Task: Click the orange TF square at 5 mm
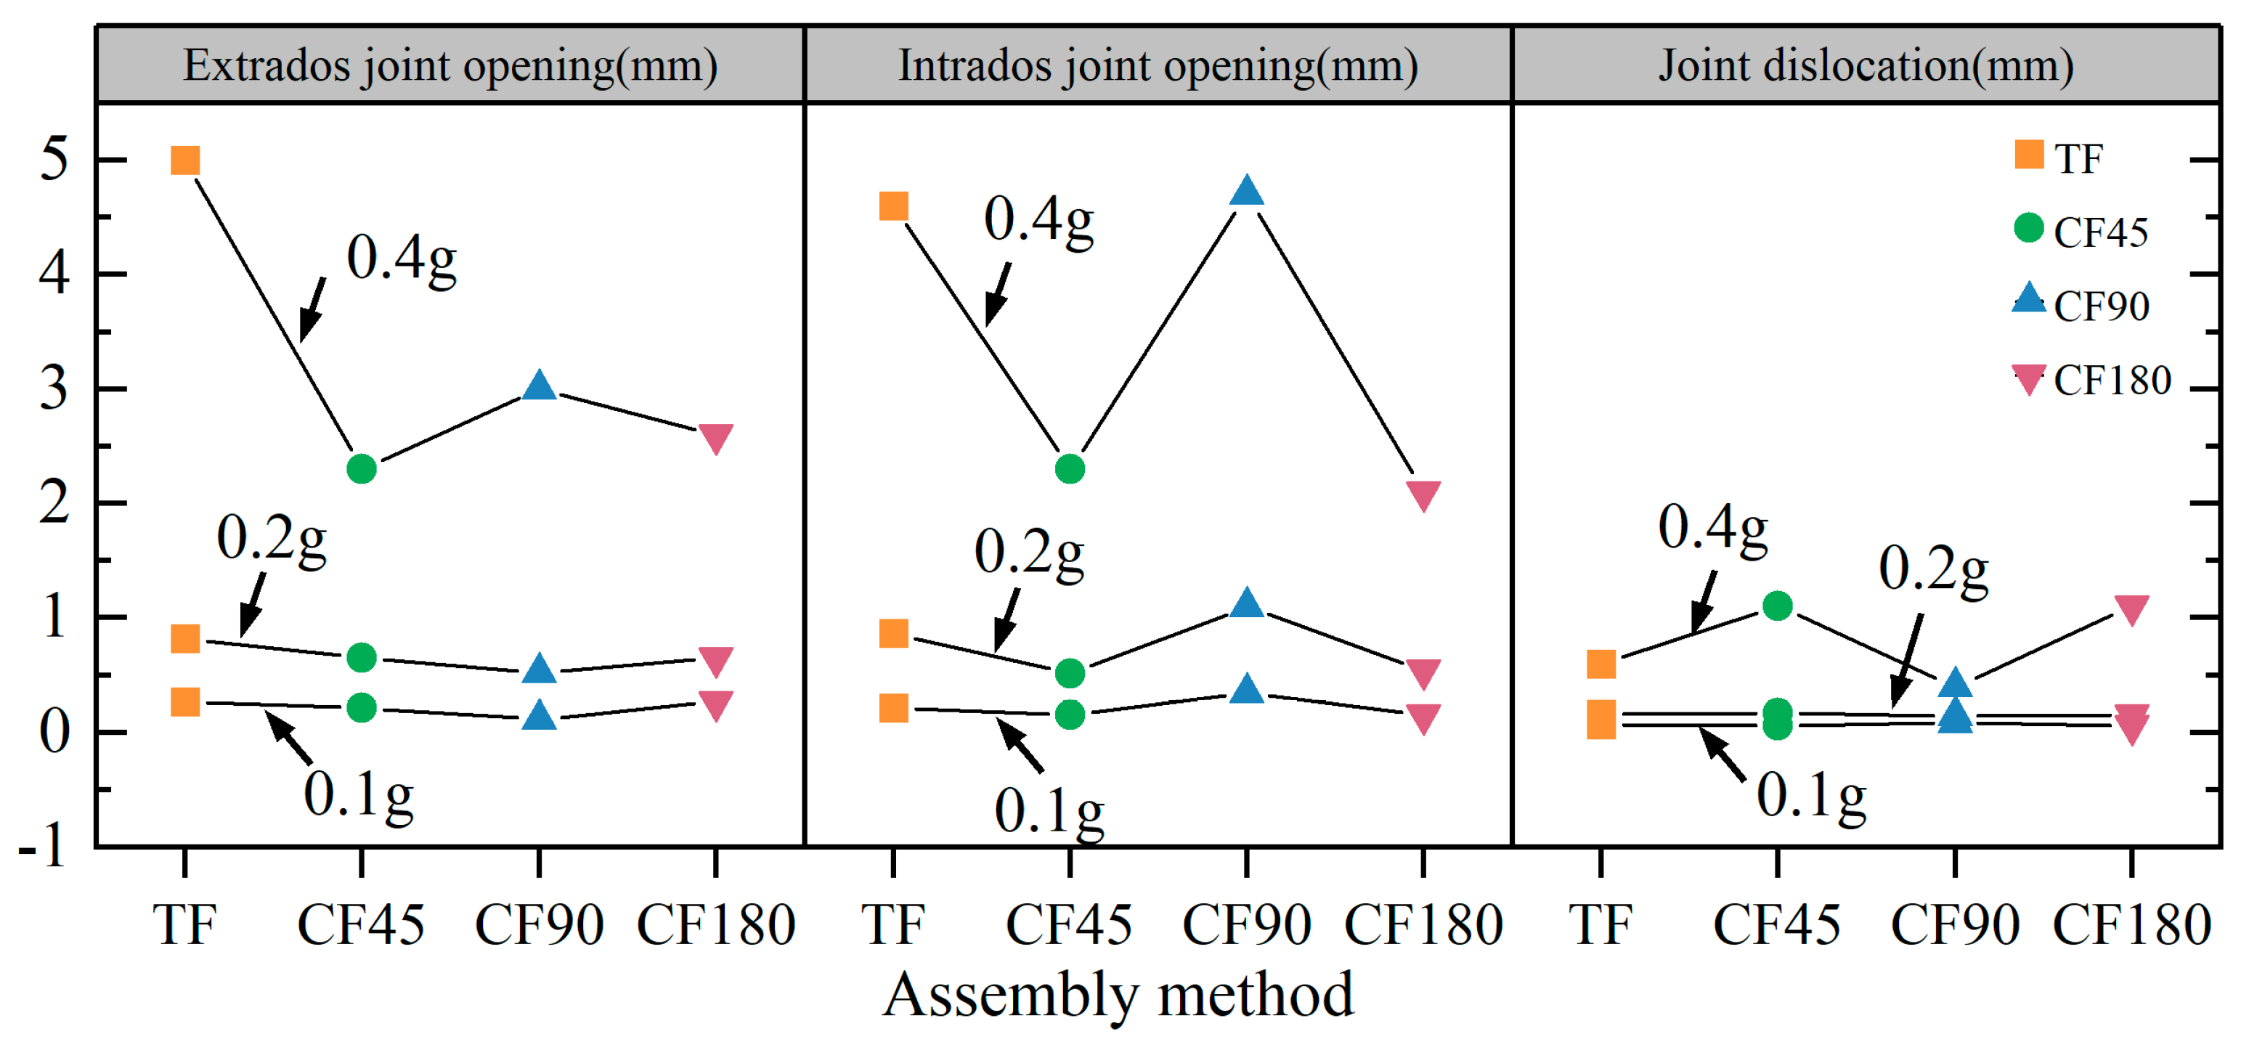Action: coord(185,160)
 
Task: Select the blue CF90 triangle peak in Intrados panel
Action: coord(1247,191)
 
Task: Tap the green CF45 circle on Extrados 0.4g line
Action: coord(362,470)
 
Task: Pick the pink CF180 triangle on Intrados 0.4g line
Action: coord(1424,494)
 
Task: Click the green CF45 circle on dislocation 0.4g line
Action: coord(1778,606)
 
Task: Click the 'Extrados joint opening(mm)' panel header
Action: coord(450,65)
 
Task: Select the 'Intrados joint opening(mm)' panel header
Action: coord(1158,65)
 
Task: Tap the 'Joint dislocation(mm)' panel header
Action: coord(1866,65)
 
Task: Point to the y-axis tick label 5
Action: coord(54,160)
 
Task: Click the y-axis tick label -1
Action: coord(44,846)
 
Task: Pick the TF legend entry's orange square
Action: coord(2029,155)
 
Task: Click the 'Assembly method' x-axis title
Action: coord(1118,995)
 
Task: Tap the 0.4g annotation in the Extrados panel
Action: coord(402,259)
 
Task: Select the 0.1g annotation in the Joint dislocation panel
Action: coord(1810,796)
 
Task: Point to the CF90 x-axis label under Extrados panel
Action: coord(539,925)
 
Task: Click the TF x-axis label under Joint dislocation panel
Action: coord(1601,925)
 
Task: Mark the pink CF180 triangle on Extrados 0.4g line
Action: coord(716,438)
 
